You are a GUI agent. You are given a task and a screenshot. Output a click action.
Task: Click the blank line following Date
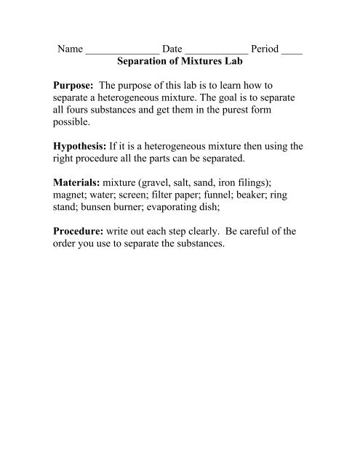[x=219, y=54]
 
